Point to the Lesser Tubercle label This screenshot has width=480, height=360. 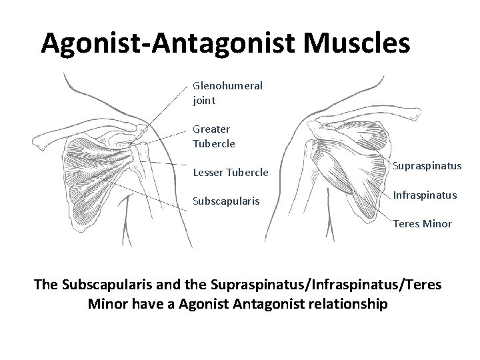(230, 173)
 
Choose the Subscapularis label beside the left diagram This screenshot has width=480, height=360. (225, 200)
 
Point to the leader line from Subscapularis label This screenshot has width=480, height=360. (153, 193)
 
